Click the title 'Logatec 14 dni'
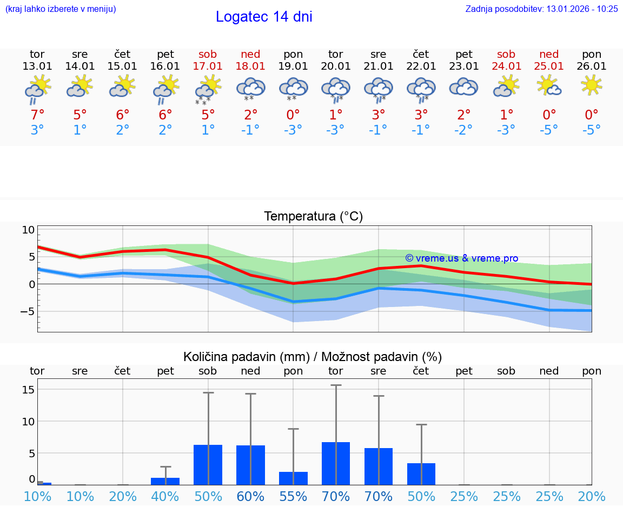coord(264,17)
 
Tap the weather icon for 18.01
coord(250,88)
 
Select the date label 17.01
coord(208,66)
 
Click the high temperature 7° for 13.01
coord(37,115)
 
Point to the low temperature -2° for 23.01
coord(463,130)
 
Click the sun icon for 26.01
coord(592,85)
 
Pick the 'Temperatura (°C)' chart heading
coord(313,217)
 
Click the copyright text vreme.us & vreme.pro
coord(461,258)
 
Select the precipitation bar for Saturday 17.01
coord(208,465)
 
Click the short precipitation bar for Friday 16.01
coord(165,481)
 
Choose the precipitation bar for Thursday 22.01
coord(421,474)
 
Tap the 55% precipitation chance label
coord(293,497)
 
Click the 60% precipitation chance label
coord(250,497)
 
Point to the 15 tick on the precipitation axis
coord(29,390)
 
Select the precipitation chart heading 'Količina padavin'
coord(313,357)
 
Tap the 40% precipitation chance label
coord(165,497)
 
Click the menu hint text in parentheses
coord(61,9)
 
